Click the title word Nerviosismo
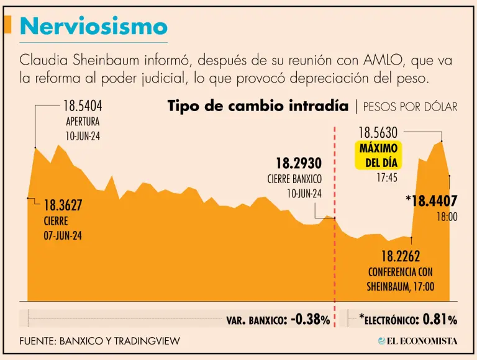tap(94, 27)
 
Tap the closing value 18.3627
tap(63, 205)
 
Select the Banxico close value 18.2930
tap(298, 163)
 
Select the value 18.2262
tap(401, 256)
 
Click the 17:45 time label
tap(386, 178)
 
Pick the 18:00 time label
tap(447, 217)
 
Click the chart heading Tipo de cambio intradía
tap(258, 106)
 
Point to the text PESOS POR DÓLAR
tap(410, 107)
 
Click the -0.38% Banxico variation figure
tap(310, 319)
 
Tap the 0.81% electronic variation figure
tap(440, 319)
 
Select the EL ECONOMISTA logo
tap(417, 341)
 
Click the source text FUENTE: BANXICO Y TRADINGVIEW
tap(100, 341)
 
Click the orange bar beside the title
tap(8, 25)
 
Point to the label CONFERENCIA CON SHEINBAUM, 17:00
tap(401, 279)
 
